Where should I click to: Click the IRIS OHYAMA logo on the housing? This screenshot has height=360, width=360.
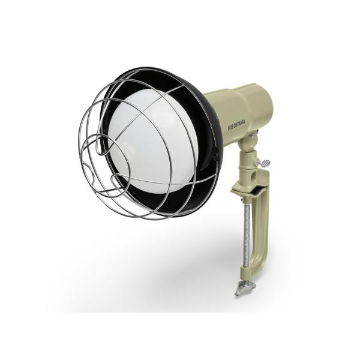pos(236,124)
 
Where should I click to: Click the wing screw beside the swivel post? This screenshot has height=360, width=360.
pos(264,163)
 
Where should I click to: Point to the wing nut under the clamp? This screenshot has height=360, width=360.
pos(245,287)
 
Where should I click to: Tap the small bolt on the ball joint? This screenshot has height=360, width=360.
pos(253,136)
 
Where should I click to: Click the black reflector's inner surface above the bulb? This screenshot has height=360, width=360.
pos(152,81)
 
